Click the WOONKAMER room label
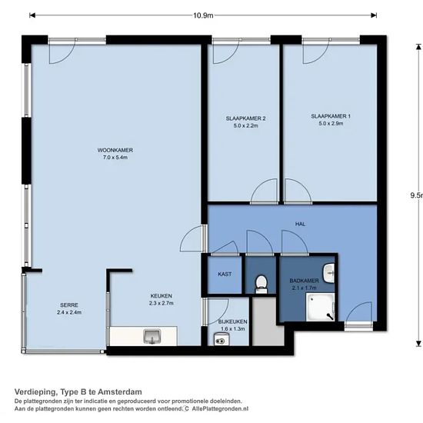115,150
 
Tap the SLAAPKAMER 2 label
246,118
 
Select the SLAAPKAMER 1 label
331,116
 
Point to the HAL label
300,224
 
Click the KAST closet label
225,274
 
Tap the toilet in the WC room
261,284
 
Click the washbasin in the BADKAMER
328,273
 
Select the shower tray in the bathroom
320,308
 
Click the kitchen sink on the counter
152,336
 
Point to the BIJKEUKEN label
233,321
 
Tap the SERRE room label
69,305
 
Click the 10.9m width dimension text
203,15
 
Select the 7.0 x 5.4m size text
115,158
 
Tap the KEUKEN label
161,296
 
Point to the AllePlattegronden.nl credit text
220,408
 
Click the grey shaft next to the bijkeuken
268,321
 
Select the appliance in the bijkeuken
221,339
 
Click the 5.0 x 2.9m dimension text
331,124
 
